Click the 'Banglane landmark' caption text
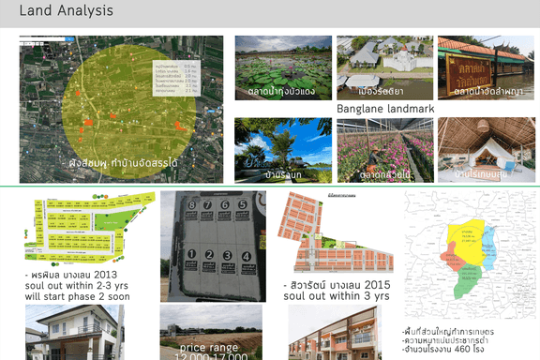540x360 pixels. [x=384, y=109]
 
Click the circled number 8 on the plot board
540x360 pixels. [x=191, y=203]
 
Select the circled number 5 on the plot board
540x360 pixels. [x=243, y=203]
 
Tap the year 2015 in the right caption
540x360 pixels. [x=377, y=284]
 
